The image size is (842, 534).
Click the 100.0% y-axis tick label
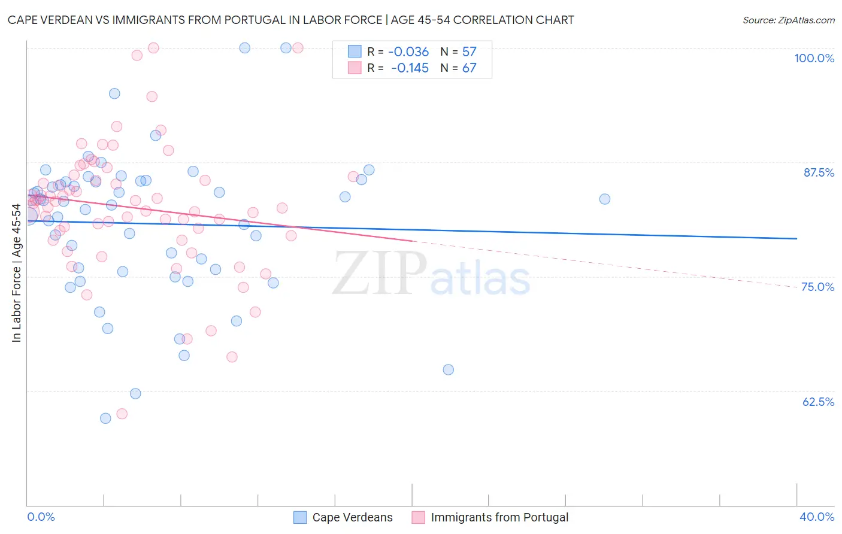click(814, 58)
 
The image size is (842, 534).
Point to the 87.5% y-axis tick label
click(818, 172)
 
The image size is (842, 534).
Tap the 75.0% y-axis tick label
click(817, 287)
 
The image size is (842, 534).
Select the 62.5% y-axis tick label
click(818, 402)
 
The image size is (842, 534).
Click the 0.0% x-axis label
click(41, 517)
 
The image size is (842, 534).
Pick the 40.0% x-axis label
click(816, 517)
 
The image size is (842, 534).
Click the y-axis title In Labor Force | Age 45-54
click(16, 273)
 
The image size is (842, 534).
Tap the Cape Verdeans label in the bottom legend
click(352, 517)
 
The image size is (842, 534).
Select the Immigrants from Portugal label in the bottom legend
click(499, 517)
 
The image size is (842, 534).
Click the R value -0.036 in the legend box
click(408, 52)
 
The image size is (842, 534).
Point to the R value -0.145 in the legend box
click(410, 68)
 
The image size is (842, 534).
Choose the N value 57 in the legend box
click(469, 52)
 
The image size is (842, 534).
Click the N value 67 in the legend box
click(469, 68)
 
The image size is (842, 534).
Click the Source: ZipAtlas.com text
click(788, 20)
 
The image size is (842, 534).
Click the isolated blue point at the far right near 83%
click(605, 199)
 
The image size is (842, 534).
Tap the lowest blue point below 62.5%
click(105, 418)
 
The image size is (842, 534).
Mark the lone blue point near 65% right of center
click(448, 369)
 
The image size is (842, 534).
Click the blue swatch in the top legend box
click(355, 51)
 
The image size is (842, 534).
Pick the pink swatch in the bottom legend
click(418, 517)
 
